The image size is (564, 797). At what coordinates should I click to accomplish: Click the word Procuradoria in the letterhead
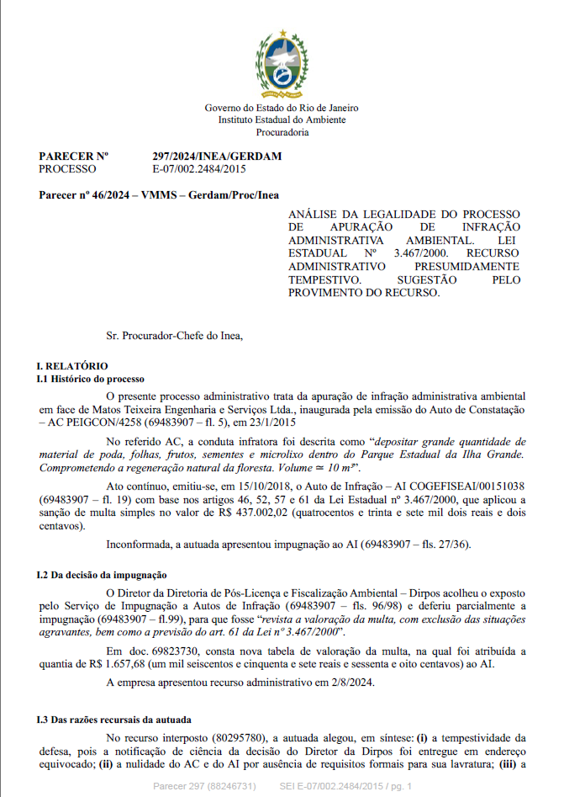click(282, 132)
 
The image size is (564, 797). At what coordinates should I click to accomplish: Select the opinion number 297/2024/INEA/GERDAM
click(217, 157)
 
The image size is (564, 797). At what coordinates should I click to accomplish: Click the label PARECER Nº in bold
click(74, 157)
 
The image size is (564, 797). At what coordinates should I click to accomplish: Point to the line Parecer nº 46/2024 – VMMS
click(159, 195)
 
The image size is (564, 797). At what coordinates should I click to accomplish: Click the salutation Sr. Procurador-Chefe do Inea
click(174, 336)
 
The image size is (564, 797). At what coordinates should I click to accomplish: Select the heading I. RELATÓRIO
click(71, 366)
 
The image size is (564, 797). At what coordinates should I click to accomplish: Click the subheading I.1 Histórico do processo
click(91, 380)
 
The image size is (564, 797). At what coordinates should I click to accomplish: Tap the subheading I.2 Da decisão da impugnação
click(102, 575)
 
